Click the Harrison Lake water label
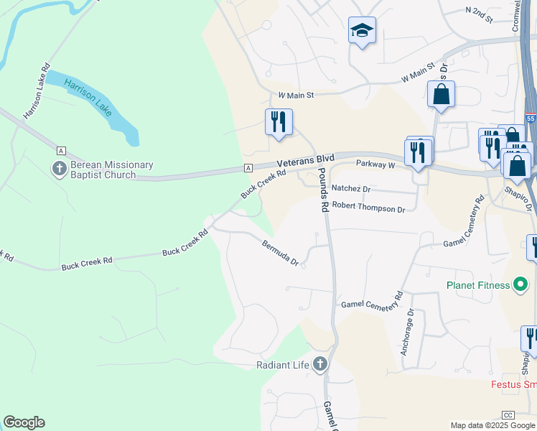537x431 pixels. point(88,98)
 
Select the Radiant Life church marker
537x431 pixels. point(320,364)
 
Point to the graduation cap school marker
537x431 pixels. point(362,31)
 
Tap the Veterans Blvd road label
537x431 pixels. point(307,158)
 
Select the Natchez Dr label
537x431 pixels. point(350,189)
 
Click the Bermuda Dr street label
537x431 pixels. point(280,253)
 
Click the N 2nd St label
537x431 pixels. point(480,14)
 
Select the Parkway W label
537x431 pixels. point(375,164)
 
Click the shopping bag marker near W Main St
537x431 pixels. point(441,94)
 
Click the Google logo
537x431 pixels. point(24,422)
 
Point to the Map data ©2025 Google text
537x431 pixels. point(492,425)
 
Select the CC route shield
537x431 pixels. point(509,415)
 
